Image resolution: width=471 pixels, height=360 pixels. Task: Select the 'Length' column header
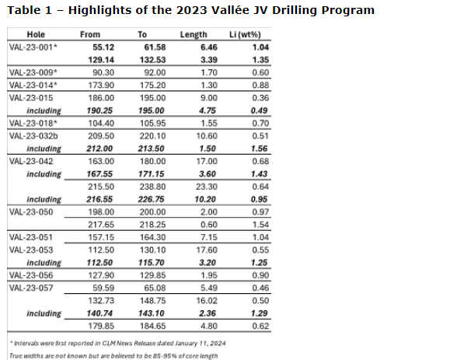point(194,35)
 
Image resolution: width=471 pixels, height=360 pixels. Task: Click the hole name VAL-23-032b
point(34,135)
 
